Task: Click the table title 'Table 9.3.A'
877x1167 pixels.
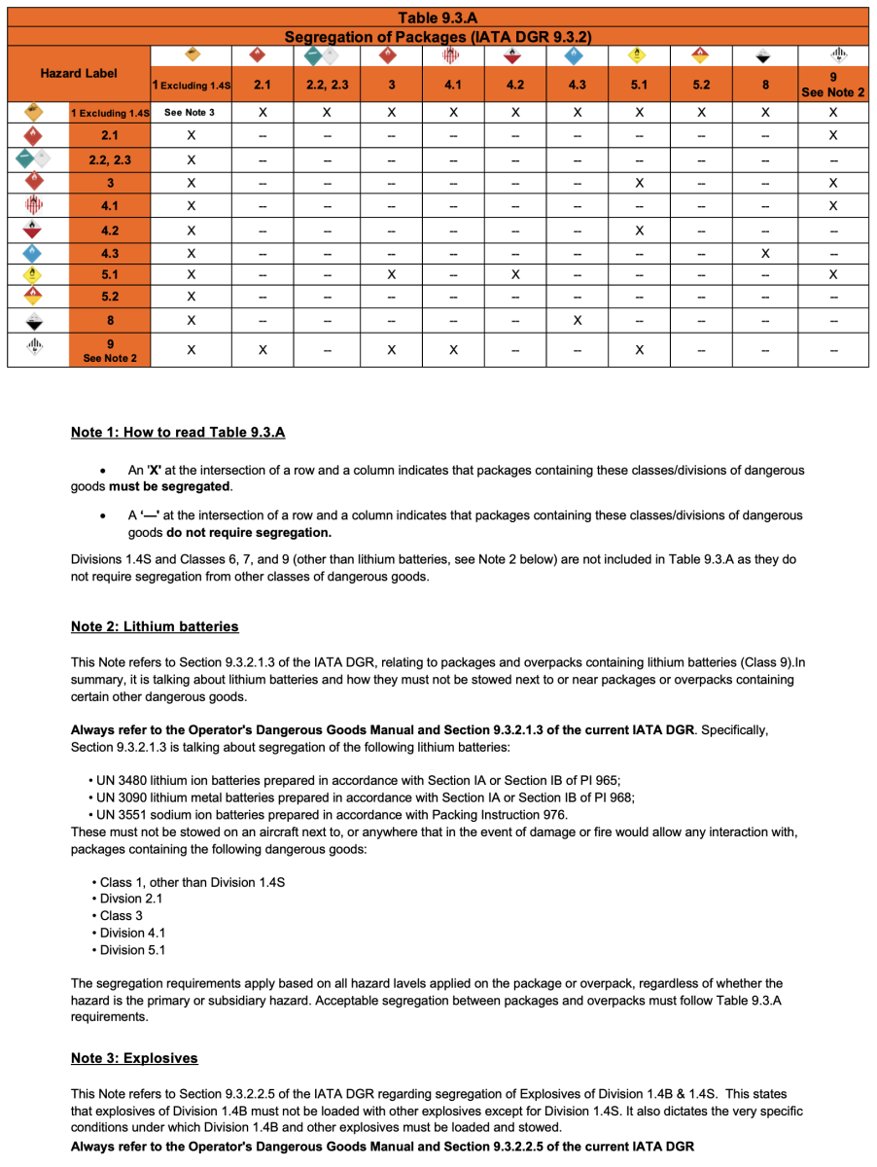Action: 438,18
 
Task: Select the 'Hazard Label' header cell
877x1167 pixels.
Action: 79,73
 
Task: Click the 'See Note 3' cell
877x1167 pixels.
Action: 191,113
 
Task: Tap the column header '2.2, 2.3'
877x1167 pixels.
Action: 327,85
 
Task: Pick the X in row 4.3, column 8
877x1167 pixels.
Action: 765,253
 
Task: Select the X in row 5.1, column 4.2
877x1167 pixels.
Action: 514,274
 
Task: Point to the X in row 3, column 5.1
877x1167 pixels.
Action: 639,183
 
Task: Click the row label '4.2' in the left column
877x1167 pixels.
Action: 110,231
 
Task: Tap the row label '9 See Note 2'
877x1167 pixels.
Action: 110,350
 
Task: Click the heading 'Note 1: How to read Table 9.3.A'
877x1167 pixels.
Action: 177,433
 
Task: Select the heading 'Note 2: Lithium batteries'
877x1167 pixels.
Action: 155,626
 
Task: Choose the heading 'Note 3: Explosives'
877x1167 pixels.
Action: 134,1058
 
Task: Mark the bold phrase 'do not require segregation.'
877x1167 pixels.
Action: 249,533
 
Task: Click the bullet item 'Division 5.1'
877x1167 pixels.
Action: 133,950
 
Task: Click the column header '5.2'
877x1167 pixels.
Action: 701,85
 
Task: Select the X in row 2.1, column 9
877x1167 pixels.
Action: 833,134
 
